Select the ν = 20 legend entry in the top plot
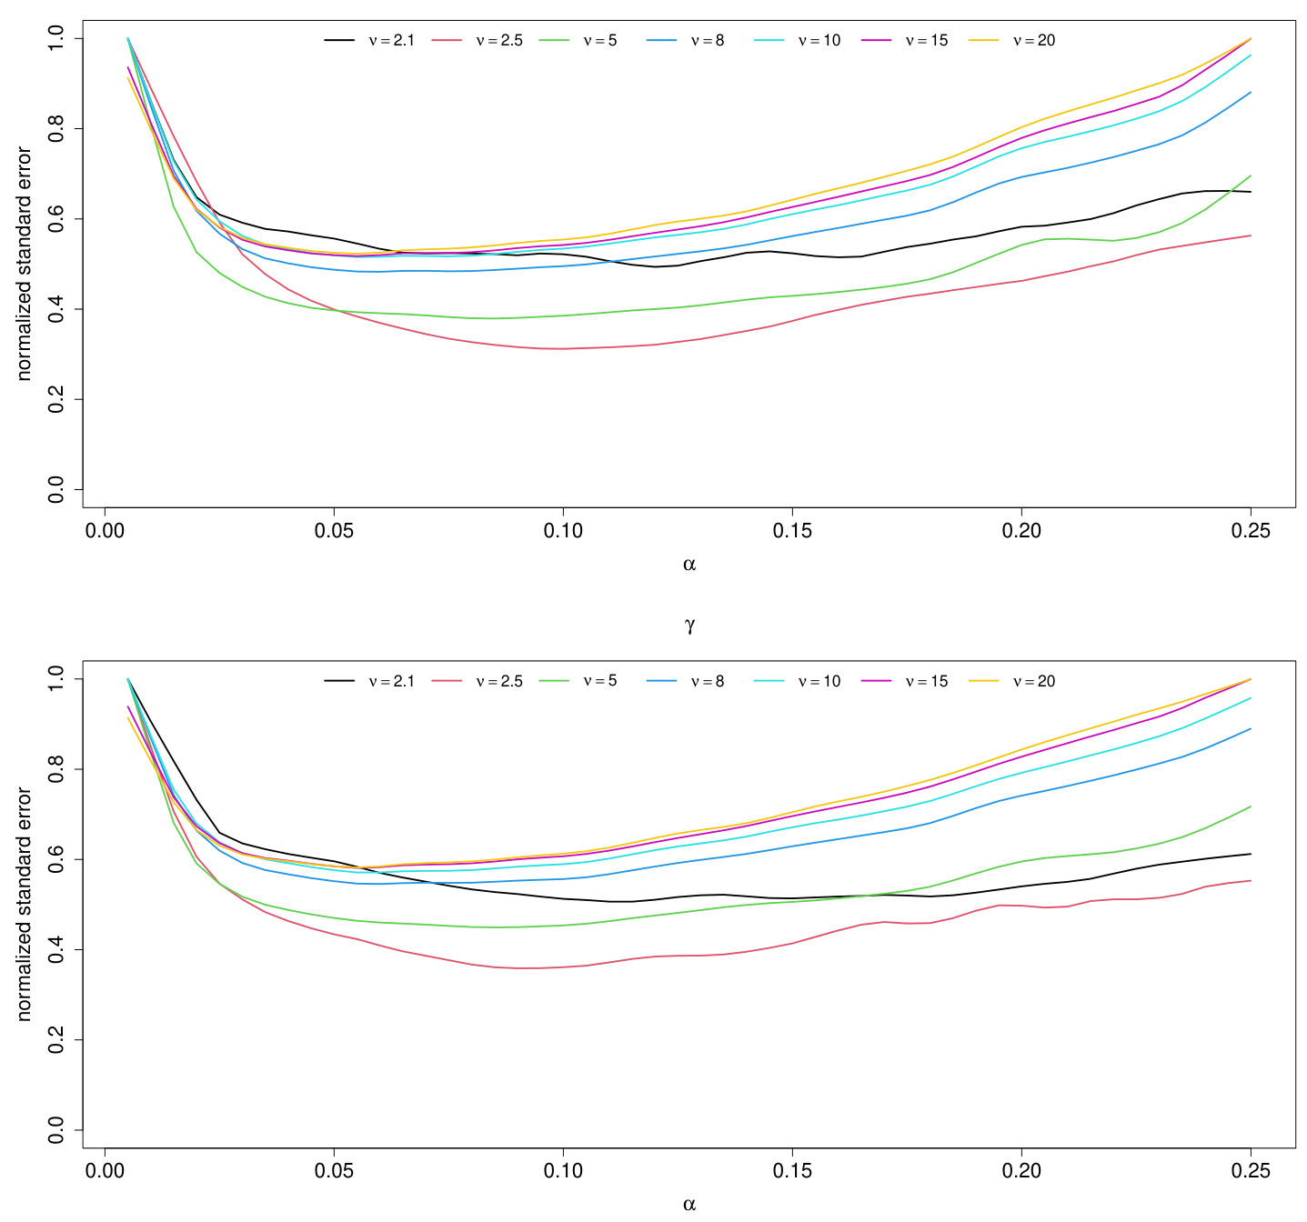1033,40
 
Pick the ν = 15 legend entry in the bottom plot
926,681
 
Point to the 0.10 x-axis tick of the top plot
563,531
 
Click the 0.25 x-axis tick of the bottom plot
1251,1171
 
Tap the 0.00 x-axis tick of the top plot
106,531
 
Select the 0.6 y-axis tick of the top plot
56,219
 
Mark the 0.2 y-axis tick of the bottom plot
56,1040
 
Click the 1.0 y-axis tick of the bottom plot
56,679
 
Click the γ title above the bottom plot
689,625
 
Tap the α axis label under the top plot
689,565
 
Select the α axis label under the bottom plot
689,1205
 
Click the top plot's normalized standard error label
24,264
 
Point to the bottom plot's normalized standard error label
24,905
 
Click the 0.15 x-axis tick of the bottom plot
792,1171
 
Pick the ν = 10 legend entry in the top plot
819,40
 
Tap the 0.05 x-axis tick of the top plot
335,531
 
